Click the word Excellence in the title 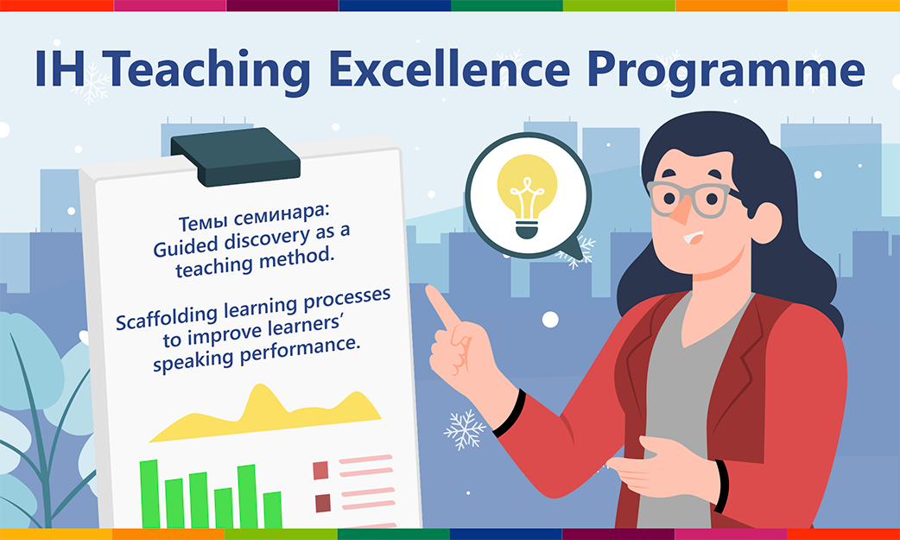point(449,70)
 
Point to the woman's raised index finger point(443,308)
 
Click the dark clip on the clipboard point(236,157)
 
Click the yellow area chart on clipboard point(265,414)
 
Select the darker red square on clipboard point(323,503)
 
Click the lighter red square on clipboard point(320,471)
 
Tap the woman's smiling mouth point(694,237)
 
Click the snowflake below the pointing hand point(465,429)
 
